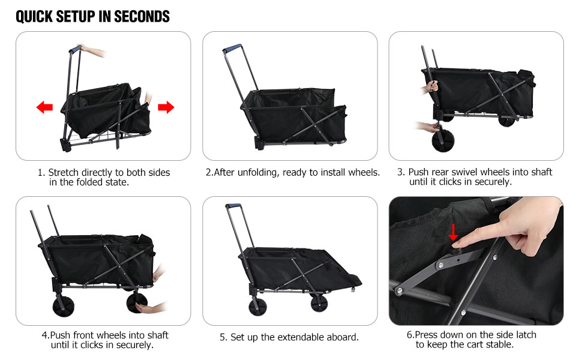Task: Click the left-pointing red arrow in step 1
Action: click(x=44, y=107)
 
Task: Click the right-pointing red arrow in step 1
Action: click(x=166, y=107)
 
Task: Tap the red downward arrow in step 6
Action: click(x=453, y=232)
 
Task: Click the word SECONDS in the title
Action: click(x=142, y=17)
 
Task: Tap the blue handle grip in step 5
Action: click(x=233, y=206)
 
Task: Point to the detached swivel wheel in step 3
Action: click(x=443, y=140)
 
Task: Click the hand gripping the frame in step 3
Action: click(x=431, y=87)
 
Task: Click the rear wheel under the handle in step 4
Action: click(x=64, y=305)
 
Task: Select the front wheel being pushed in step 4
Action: click(x=137, y=302)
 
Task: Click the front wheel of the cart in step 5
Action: click(x=319, y=303)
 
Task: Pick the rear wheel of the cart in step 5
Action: click(x=258, y=306)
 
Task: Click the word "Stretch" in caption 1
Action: click(x=64, y=173)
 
